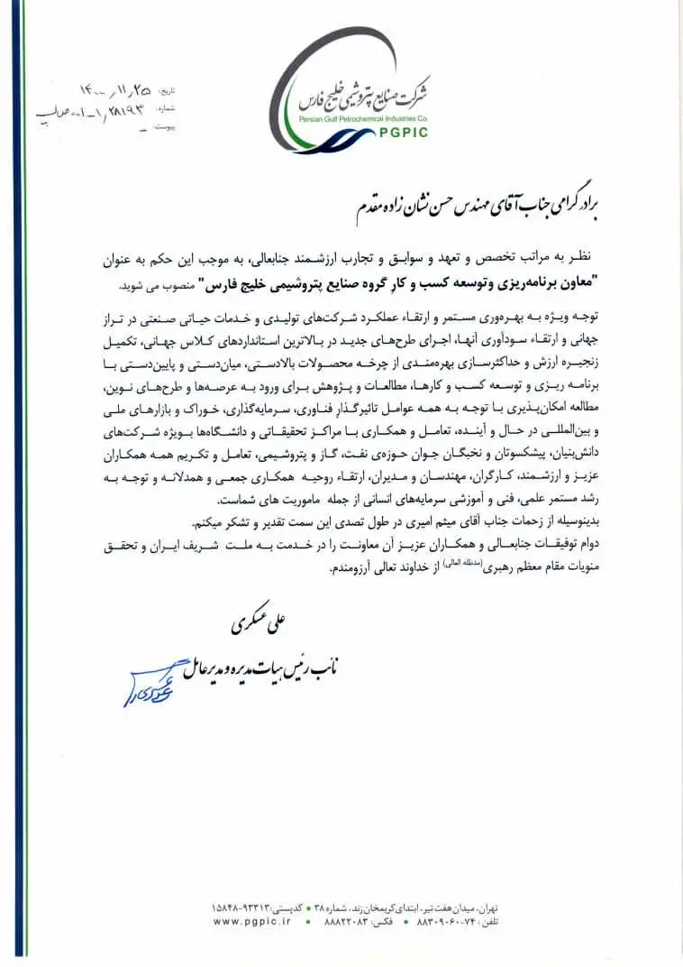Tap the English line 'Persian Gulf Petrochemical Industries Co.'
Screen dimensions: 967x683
tap(366, 118)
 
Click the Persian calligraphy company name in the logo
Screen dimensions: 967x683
tap(370, 90)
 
